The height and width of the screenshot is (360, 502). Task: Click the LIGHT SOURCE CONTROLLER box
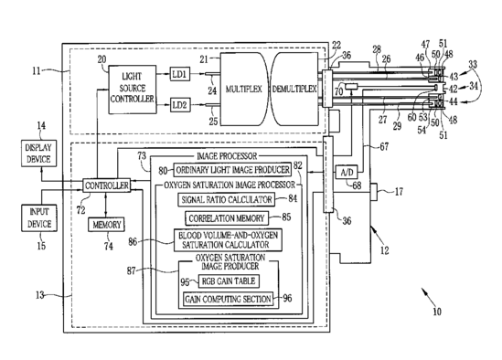pos(133,90)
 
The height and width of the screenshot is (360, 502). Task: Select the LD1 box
pos(179,74)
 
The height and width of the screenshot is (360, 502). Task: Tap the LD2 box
pos(179,105)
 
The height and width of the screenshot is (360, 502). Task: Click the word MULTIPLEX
pos(243,89)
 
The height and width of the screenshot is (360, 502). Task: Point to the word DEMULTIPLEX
pos(294,89)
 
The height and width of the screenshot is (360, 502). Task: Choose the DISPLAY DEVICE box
pos(38,154)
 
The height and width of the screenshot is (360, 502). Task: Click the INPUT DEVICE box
pos(39,218)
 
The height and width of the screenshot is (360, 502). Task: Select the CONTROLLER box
pos(107,185)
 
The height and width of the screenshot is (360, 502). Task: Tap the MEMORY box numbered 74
pos(107,225)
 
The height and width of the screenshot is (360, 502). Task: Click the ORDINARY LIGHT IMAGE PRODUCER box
pos(233,170)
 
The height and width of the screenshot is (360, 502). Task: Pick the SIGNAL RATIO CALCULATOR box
pos(227,200)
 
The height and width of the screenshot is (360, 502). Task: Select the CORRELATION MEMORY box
pos(227,218)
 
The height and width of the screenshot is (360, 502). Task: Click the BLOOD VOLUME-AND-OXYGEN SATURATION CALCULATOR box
pos(228,240)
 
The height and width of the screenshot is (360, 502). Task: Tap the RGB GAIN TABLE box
pos(229,281)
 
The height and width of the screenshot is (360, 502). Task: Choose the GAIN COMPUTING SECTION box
pos(229,299)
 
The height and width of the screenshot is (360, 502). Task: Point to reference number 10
pos(437,312)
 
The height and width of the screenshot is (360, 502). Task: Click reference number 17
pos(399,192)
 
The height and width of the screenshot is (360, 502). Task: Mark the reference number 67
pos(384,146)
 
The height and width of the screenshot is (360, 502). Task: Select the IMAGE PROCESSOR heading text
pos(227,156)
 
